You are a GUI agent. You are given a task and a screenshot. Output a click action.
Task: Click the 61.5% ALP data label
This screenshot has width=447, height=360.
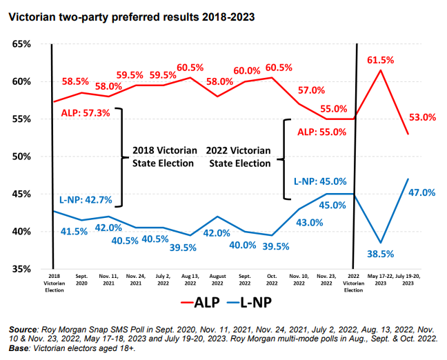tap(380, 61)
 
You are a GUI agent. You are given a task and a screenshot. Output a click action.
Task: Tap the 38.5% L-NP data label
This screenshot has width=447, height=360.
tap(380, 253)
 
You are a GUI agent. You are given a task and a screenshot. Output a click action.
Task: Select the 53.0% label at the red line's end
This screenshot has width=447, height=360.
tap(421, 118)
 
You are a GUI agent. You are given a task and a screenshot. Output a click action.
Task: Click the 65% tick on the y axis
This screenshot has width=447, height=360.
tap(21, 44)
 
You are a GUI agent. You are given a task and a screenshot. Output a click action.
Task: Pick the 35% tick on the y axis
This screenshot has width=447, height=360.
tap(21, 269)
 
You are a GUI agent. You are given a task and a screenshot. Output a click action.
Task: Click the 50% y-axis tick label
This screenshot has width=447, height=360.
tap(21, 157)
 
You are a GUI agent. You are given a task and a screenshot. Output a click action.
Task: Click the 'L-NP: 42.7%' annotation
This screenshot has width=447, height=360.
tap(84, 199)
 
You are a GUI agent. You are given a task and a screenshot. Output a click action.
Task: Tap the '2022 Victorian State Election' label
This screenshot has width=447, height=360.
tap(239, 157)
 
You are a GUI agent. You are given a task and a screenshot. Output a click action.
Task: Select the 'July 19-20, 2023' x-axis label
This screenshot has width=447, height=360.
tap(408, 279)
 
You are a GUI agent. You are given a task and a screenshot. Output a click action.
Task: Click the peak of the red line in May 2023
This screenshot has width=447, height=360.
tap(381, 70)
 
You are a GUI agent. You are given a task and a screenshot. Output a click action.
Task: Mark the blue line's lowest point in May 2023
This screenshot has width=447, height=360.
tap(381, 243)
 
